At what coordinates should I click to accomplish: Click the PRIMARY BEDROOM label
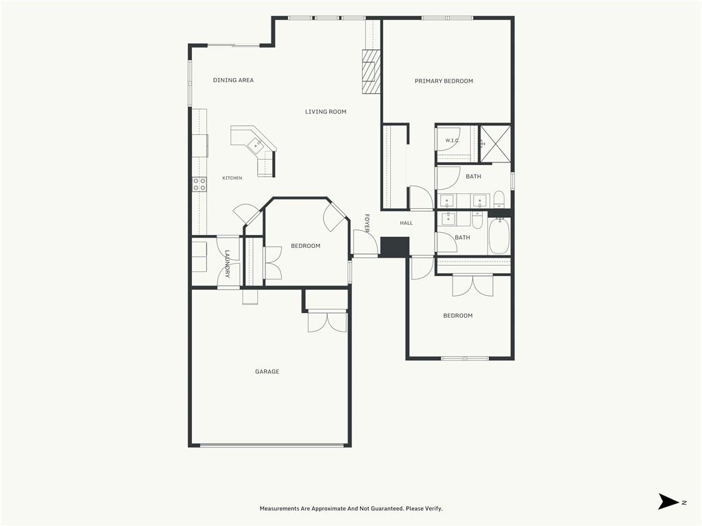(x=444, y=81)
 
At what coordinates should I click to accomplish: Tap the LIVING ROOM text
(x=326, y=112)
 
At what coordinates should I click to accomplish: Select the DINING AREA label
(x=233, y=80)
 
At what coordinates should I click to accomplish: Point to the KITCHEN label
(x=232, y=178)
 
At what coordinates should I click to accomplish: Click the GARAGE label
(x=267, y=372)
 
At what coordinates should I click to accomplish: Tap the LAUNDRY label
(x=227, y=264)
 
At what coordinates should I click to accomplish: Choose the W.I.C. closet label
(x=452, y=140)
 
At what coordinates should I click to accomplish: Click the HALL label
(x=407, y=223)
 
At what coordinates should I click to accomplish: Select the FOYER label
(x=367, y=223)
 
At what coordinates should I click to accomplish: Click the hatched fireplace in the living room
(x=371, y=71)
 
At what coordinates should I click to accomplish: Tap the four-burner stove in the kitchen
(x=199, y=184)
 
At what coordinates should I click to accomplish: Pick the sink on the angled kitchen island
(x=257, y=144)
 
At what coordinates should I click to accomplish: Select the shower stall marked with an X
(x=495, y=144)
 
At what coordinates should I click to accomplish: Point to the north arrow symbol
(x=669, y=501)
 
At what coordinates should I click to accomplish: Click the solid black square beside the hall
(x=394, y=247)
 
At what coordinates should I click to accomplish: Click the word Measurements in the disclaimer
(x=280, y=509)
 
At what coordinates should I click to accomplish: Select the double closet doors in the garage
(x=327, y=321)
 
